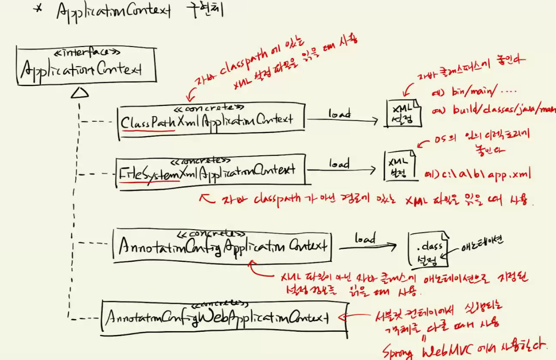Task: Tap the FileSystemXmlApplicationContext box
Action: coord(211,170)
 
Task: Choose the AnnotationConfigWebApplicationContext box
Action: coord(224,317)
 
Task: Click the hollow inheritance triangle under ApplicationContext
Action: coord(80,93)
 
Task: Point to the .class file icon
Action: coord(428,249)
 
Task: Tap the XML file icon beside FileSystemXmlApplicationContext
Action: coord(400,166)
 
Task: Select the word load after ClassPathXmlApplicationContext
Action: coord(339,114)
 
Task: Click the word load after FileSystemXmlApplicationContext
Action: coord(339,164)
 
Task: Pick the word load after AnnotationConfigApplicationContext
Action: coord(365,238)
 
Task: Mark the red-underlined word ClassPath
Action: coord(148,122)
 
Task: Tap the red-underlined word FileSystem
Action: coord(149,172)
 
